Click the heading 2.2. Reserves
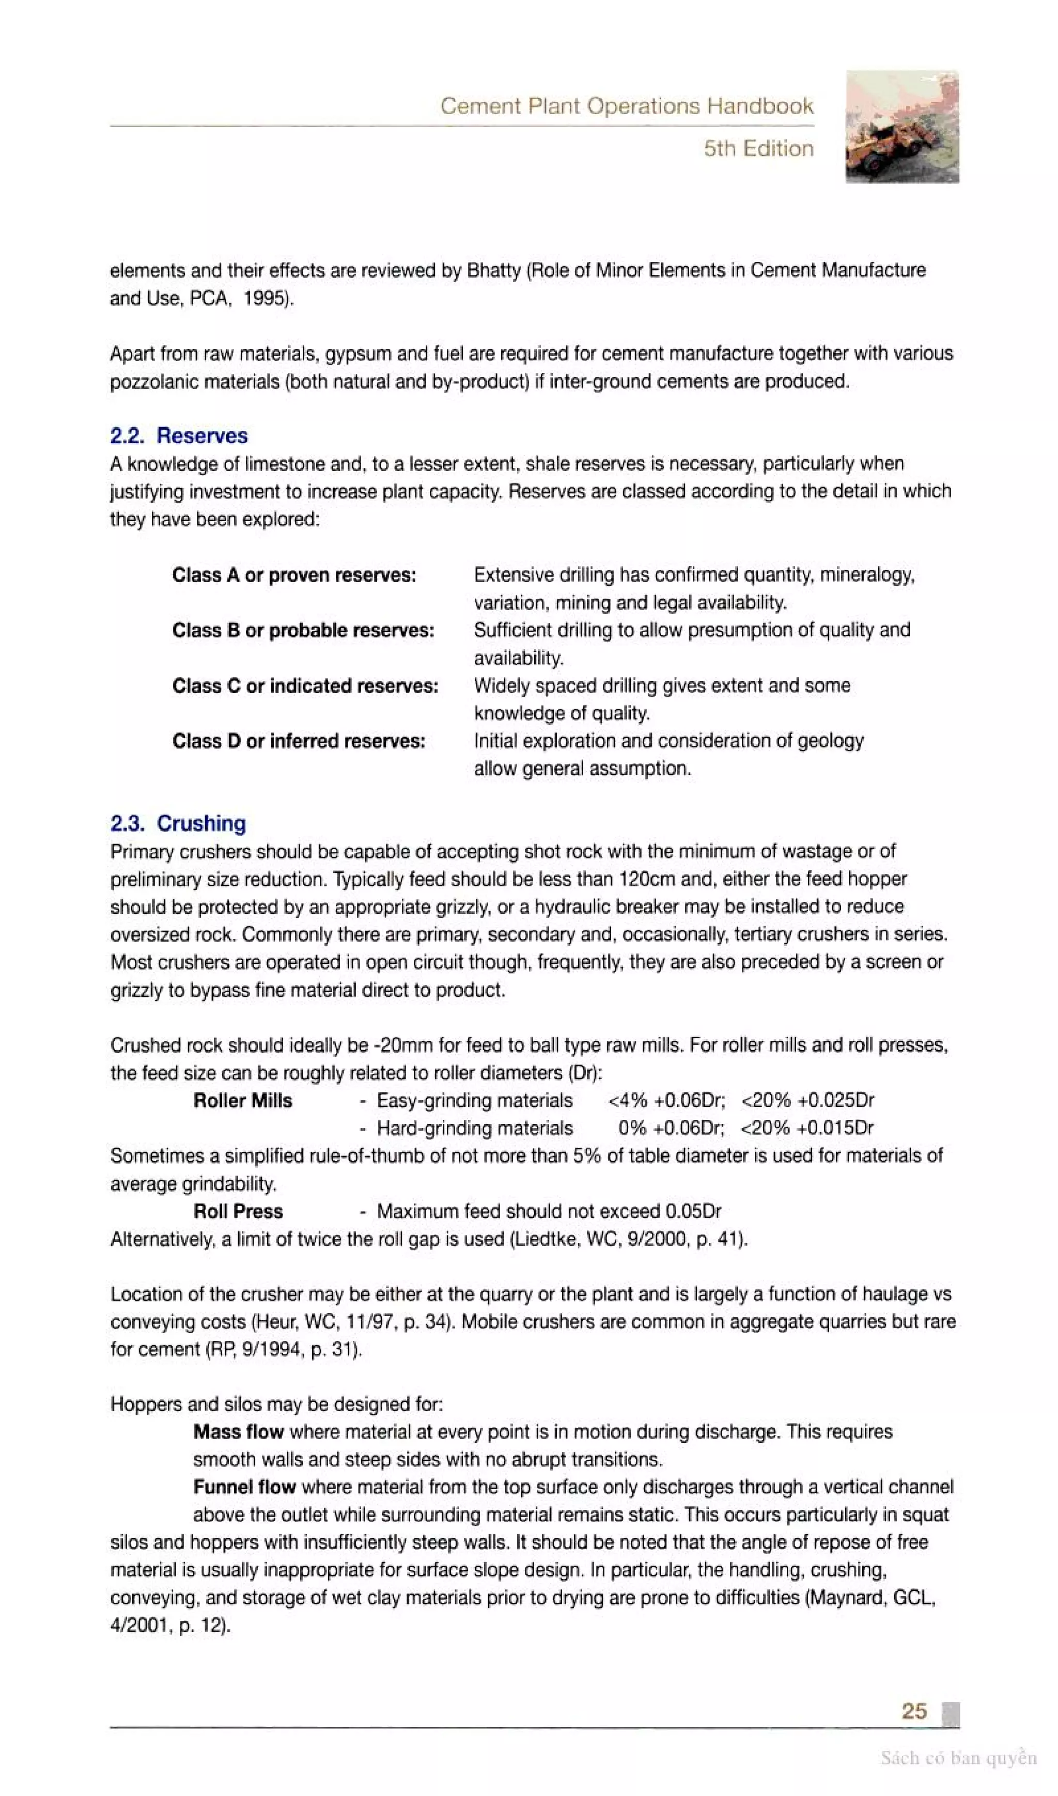[x=178, y=435]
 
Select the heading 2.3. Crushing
[x=178, y=823]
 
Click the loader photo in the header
[x=902, y=127]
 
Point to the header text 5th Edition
[x=758, y=148]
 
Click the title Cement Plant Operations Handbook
[x=626, y=106]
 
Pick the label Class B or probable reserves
[x=303, y=631]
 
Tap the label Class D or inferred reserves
[x=299, y=741]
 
